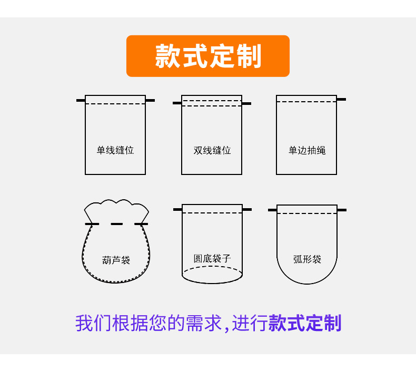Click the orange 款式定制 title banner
pyautogui.click(x=208, y=56)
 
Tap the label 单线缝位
pyautogui.click(x=115, y=150)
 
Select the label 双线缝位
pyautogui.click(x=212, y=150)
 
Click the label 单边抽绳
pyautogui.click(x=307, y=150)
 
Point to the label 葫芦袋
pyautogui.click(x=116, y=260)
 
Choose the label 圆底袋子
pyautogui.click(x=212, y=258)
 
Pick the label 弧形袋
pyautogui.click(x=307, y=259)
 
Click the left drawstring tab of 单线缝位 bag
pyautogui.click(x=81, y=100)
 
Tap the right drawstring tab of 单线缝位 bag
pyautogui.click(x=150, y=100)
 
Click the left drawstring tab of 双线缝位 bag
pyautogui.click(x=177, y=103)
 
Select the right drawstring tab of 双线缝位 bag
pyautogui.click(x=246, y=103)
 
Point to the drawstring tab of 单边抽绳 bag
pyautogui.click(x=341, y=99)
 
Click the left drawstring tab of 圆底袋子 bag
pyautogui.click(x=177, y=209)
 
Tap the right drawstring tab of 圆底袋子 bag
pyautogui.click(x=247, y=209)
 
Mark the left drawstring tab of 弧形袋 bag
pyautogui.click(x=272, y=210)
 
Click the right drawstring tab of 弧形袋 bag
pyautogui.click(x=342, y=210)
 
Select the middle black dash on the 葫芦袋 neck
pyautogui.click(x=116, y=224)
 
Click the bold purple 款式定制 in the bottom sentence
pyautogui.click(x=305, y=323)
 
